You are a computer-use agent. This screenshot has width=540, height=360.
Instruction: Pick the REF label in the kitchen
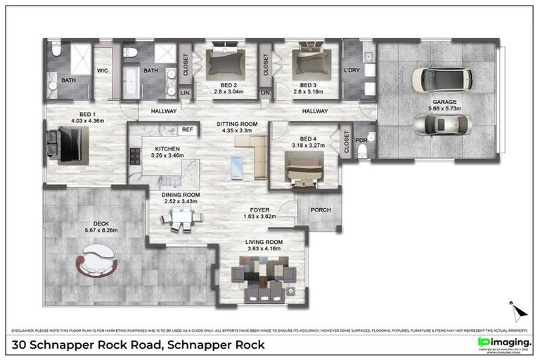[x=187, y=129]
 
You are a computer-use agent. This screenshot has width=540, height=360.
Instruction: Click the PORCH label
[x=320, y=209]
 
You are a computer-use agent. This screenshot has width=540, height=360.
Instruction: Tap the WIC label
[x=102, y=70]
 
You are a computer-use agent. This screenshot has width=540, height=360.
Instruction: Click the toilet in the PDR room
[x=363, y=150]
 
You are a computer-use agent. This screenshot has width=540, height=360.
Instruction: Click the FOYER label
[x=260, y=210]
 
